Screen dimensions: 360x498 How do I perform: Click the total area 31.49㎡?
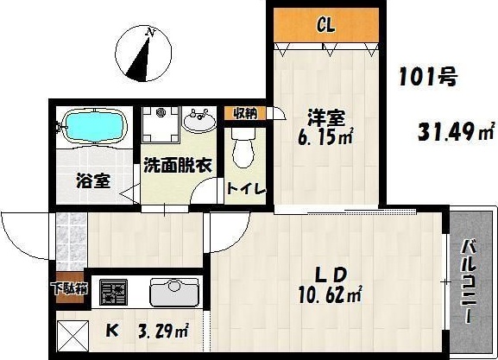[x=456, y=132]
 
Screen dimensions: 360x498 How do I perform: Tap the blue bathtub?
[x=94, y=129]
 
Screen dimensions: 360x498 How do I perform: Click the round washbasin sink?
[x=200, y=121]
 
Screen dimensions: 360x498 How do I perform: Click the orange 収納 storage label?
[x=246, y=113]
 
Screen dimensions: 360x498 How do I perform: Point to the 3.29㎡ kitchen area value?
[x=161, y=332]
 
